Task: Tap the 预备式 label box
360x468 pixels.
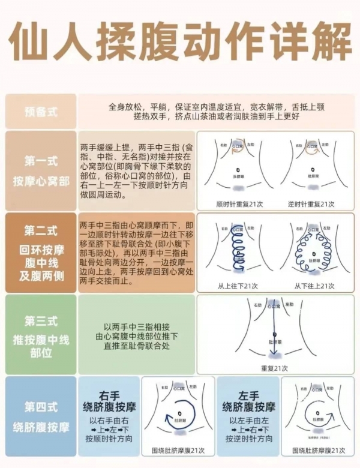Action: click(41, 112)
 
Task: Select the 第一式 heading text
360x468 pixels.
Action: click(41, 161)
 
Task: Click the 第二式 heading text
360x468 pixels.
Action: click(41, 230)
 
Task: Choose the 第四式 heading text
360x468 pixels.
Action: click(41, 407)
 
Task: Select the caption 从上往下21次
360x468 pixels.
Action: click(238, 286)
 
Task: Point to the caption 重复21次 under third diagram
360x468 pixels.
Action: click(274, 368)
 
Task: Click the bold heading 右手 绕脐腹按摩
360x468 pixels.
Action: click(108, 401)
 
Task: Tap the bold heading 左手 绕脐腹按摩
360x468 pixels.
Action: click(248, 401)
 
